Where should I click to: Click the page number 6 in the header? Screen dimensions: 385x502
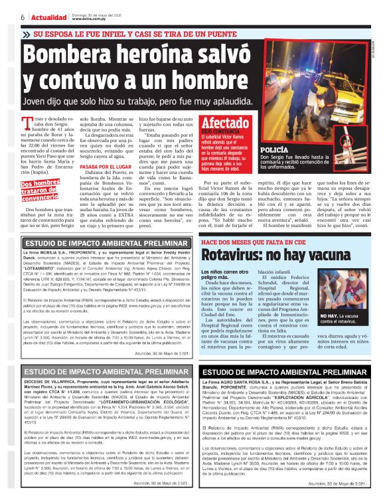[24, 17]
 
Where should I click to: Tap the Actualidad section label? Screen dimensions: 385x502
[46, 17]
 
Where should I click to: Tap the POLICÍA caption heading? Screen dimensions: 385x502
[274, 151]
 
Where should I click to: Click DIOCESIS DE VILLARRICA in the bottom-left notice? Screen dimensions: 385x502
[55, 383]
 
